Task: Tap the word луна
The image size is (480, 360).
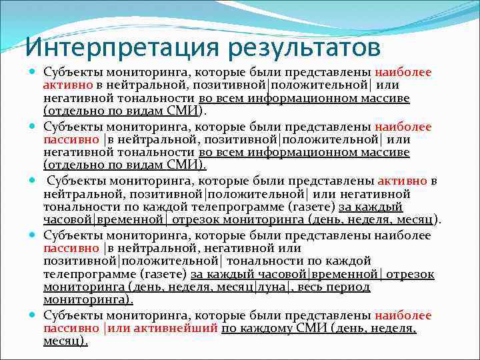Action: coord(273,287)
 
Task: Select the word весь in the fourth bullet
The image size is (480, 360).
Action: coord(312,287)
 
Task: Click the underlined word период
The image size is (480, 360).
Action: coord(349,287)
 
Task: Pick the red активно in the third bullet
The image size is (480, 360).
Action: coord(403,181)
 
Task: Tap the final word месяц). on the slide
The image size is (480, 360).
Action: coord(65,341)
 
